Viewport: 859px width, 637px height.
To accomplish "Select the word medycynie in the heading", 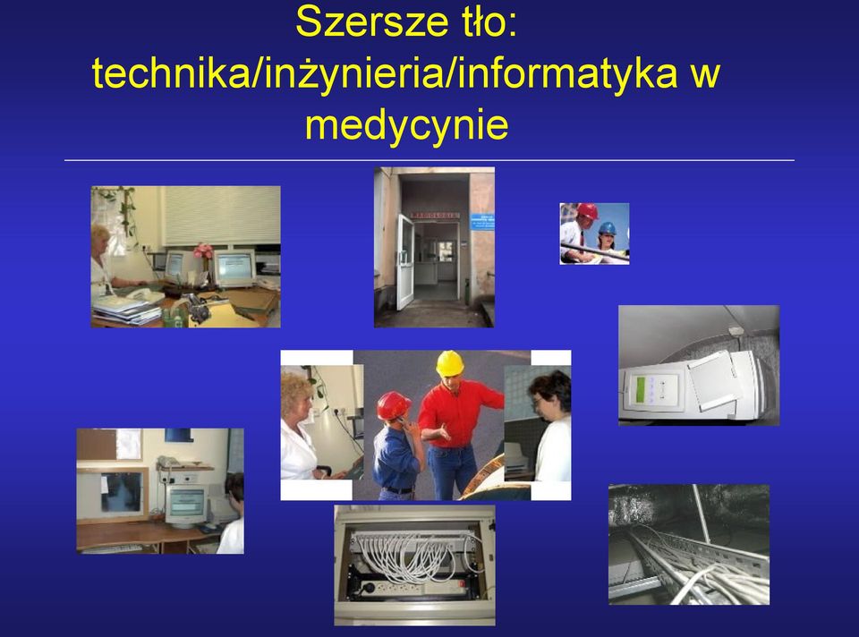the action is pos(406,125).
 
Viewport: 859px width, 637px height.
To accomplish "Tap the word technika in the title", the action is pos(170,73).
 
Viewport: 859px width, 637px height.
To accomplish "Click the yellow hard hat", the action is pos(450,362).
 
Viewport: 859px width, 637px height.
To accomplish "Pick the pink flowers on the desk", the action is pos(204,251).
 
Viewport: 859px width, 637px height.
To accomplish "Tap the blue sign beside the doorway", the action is pos(482,222).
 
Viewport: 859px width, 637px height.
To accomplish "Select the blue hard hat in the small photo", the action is pos(607,228).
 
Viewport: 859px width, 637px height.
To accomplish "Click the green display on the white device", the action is pos(639,389).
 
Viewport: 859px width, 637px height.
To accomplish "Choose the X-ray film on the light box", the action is pos(122,492).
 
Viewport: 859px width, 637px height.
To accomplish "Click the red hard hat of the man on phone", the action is pos(393,405).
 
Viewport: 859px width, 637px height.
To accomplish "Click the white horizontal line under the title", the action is pos(429,160).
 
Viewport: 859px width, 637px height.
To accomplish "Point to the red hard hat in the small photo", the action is pos(587,211).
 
